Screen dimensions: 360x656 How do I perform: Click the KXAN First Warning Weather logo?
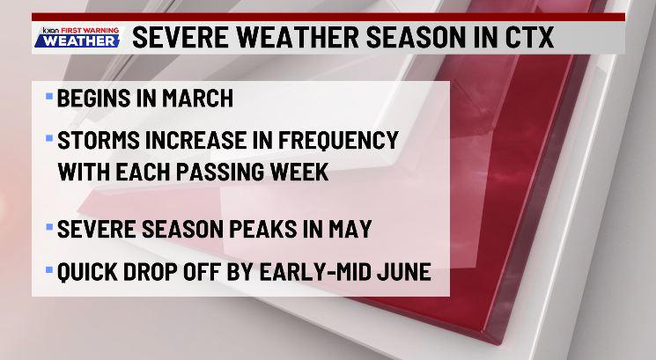[79, 39]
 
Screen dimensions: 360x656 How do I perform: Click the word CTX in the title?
[526, 39]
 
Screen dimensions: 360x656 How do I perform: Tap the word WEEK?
[297, 172]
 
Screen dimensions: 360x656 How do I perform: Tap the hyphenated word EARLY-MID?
[302, 272]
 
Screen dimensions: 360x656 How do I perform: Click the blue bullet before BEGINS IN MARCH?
[48, 93]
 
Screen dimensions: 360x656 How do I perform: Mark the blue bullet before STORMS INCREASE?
[48, 136]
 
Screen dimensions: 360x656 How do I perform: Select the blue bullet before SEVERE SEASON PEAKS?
[48, 225]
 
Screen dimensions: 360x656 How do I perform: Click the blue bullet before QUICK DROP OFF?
[48, 268]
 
